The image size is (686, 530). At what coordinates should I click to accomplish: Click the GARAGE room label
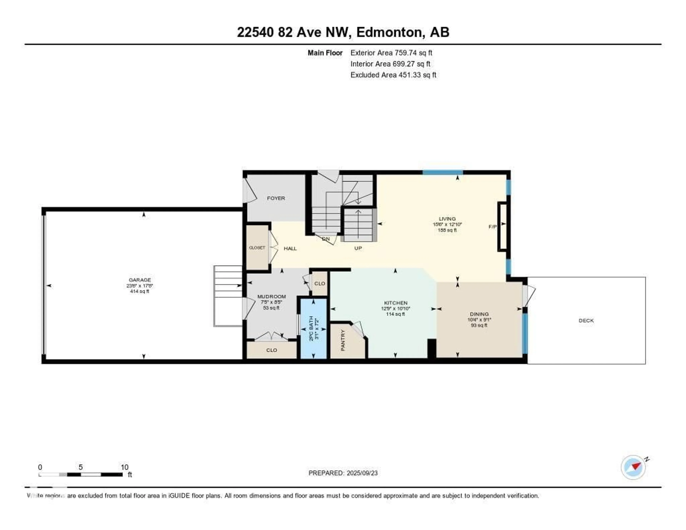(x=140, y=280)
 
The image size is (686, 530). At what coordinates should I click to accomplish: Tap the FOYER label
(x=276, y=198)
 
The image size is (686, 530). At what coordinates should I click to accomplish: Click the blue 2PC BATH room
(x=314, y=328)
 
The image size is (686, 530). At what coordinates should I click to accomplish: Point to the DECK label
(x=586, y=320)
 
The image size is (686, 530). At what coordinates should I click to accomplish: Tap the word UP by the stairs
(x=358, y=248)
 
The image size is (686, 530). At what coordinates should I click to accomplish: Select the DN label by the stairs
(x=326, y=239)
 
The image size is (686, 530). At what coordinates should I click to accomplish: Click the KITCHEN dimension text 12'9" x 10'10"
(x=396, y=309)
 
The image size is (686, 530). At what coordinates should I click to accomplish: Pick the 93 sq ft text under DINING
(x=479, y=325)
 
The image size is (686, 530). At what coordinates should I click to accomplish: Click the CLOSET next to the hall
(x=257, y=247)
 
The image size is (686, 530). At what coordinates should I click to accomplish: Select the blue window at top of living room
(x=443, y=172)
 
